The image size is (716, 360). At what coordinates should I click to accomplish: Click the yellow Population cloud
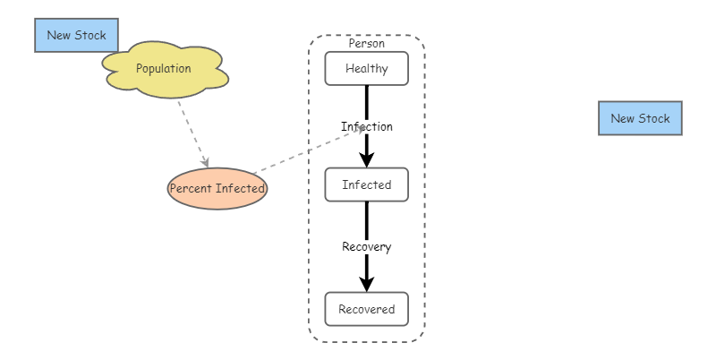click(164, 69)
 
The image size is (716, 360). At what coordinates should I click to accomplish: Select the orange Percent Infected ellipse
click(217, 189)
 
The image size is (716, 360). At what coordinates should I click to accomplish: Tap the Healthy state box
click(366, 69)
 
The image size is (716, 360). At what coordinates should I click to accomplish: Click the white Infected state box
click(366, 185)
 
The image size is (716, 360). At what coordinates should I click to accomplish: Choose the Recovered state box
click(366, 310)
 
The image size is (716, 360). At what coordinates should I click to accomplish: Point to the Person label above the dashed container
click(366, 43)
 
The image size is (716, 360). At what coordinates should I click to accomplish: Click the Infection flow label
click(366, 126)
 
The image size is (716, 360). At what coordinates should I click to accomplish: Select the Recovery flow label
click(366, 246)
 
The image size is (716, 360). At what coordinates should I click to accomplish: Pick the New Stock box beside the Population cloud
click(76, 36)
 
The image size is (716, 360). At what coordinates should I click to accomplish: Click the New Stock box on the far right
click(640, 118)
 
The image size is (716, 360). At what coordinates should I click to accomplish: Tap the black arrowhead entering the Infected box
click(366, 159)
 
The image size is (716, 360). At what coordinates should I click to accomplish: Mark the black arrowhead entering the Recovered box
click(366, 284)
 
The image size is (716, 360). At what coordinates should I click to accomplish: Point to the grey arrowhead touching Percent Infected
click(206, 162)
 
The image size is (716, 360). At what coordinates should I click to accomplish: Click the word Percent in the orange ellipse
click(190, 189)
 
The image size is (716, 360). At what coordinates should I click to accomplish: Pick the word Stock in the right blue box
click(653, 118)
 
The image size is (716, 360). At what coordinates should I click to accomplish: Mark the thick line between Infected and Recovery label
click(366, 219)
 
